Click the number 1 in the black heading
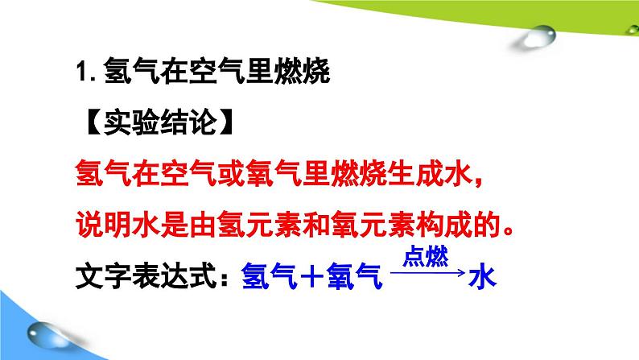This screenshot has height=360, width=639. [81, 72]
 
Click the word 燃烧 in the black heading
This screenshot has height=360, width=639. [302, 72]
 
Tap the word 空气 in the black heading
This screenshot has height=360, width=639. [216, 72]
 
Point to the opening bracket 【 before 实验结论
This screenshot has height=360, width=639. [93, 122]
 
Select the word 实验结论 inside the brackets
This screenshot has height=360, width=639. [159, 122]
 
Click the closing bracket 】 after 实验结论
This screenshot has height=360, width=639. [226, 122]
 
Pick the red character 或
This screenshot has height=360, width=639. [231, 174]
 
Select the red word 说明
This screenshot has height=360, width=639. [104, 225]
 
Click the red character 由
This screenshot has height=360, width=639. [203, 225]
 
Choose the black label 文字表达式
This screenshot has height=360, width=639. [145, 276]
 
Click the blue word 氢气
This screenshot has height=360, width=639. [269, 276]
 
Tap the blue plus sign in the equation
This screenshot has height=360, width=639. [311, 276]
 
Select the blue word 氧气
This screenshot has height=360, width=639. [354, 276]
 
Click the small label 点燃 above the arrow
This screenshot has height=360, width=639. [426, 257]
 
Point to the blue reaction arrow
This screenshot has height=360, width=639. [428, 272]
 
